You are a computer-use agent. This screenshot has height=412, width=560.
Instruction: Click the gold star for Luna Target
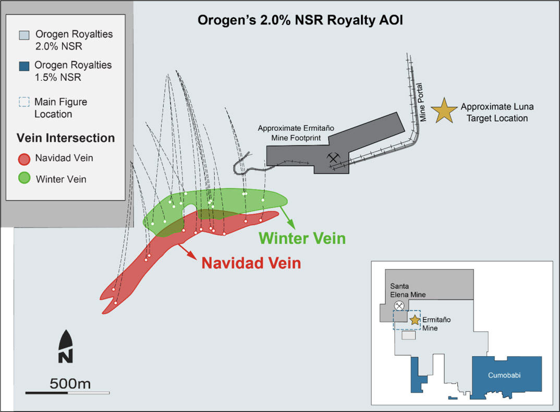point(445,111)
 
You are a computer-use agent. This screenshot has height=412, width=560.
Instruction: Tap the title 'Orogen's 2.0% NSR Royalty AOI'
point(300,20)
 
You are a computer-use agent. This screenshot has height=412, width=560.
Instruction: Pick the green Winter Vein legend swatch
point(24,178)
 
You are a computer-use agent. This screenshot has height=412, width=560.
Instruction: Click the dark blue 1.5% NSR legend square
point(24,66)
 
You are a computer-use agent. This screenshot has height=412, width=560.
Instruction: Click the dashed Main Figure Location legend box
point(24,102)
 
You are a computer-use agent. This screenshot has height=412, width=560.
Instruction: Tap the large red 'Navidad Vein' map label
point(251,262)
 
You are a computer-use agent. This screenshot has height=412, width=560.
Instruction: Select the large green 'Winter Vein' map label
point(302,238)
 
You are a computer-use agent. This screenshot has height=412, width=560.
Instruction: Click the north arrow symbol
point(66,347)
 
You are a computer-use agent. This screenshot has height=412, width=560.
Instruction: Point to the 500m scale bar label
point(70,384)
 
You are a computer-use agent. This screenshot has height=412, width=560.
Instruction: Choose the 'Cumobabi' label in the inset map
point(507,375)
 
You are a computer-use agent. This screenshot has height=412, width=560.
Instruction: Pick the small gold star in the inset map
point(415,320)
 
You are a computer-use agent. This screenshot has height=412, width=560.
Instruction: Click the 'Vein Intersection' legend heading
point(66,138)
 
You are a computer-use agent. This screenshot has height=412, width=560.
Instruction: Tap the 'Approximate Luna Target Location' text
point(496,112)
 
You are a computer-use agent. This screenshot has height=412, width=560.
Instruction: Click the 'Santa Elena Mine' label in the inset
point(408,290)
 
